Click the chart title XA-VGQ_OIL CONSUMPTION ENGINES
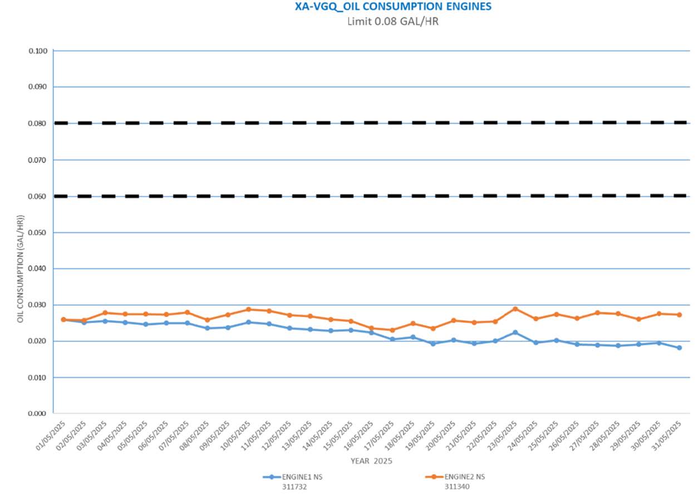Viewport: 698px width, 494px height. pos(393,7)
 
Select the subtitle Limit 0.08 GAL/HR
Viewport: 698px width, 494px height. pos(393,22)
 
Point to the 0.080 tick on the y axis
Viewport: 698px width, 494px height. pos(38,123)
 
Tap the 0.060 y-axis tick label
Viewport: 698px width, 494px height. pos(38,196)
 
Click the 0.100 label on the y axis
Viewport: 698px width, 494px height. pos(38,51)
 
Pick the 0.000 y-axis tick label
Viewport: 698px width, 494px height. pos(38,414)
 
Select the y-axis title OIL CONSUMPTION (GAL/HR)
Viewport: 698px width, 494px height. pos(21,269)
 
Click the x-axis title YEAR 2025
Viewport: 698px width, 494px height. pos(372,461)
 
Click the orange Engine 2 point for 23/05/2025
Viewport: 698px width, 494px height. pos(515,309)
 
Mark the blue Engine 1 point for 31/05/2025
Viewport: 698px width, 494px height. pos(679,348)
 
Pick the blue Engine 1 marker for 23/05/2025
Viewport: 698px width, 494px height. pos(515,332)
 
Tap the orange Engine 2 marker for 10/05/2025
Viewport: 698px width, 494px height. pos(249,309)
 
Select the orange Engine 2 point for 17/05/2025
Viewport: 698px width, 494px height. pos(392,330)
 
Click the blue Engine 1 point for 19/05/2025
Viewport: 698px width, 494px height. pos(434,343)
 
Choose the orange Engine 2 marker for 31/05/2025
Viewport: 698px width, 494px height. pos(679,315)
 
